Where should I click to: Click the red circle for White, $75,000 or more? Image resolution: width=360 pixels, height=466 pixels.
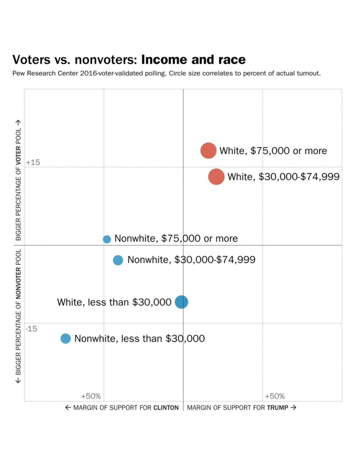click(x=208, y=150)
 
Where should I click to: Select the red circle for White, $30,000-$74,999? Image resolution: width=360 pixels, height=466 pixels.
click(x=216, y=176)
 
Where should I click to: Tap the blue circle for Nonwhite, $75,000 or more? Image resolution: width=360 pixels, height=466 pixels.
click(x=107, y=239)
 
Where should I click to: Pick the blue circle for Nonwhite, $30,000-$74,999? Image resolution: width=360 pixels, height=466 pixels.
click(x=118, y=260)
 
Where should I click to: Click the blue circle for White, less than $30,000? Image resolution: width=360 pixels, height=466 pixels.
click(x=182, y=302)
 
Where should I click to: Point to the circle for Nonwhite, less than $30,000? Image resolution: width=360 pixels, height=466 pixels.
click(x=66, y=338)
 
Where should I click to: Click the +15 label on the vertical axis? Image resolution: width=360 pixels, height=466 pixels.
click(x=33, y=163)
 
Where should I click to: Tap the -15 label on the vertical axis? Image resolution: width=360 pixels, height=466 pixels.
click(x=31, y=329)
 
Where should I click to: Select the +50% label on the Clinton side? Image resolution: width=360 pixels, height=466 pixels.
click(x=91, y=396)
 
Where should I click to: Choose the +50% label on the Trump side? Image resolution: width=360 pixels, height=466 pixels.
click(x=274, y=396)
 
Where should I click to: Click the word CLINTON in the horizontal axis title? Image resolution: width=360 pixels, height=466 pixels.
click(x=166, y=408)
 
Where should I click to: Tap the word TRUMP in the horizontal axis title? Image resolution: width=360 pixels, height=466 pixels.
click(x=278, y=408)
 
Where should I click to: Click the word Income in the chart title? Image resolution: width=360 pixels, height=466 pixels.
click(x=163, y=60)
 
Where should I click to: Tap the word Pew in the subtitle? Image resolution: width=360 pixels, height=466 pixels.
click(x=19, y=73)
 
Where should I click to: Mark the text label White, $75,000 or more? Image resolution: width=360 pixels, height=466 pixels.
click(x=273, y=151)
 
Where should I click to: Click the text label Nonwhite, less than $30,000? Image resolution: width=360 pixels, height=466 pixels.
click(x=139, y=338)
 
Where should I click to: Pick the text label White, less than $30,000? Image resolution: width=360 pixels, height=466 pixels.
click(x=114, y=302)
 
